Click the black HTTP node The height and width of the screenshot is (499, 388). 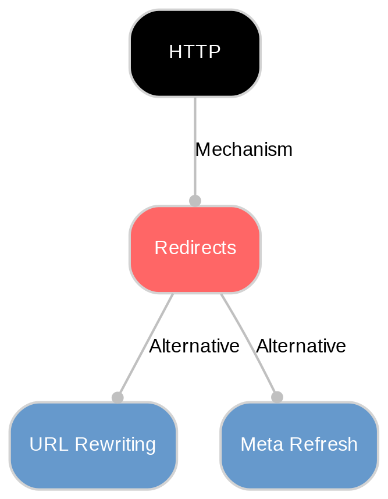tap(195, 53)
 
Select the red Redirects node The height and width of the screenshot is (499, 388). tap(195, 249)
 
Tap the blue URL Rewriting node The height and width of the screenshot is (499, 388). tap(92, 445)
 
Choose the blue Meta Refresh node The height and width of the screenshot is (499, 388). tap(299, 445)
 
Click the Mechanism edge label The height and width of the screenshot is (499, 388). tap(244, 150)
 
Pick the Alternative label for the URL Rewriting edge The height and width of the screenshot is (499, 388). tap(194, 347)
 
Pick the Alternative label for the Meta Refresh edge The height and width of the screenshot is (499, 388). tap(301, 347)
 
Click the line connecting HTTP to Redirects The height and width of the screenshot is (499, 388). tap(195, 128)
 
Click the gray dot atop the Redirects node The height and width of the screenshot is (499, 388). tap(195, 201)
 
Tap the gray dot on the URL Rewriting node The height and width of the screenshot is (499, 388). tap(118, 397)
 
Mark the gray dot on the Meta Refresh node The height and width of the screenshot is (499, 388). tap(277, 397)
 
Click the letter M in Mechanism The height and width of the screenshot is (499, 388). tap(202, 150)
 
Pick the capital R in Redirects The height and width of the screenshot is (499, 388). tap(159, 249)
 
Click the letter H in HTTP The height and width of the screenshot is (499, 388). tap(174, 53)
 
